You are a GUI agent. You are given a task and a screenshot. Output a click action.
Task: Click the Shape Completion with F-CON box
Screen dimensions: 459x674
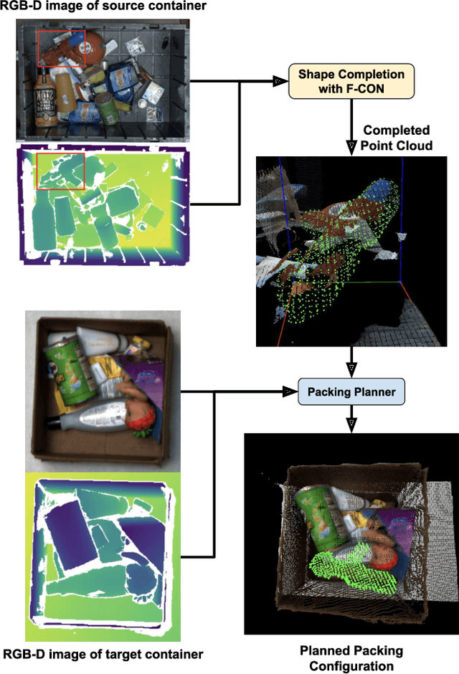pyautogui.click(x=351, y=81)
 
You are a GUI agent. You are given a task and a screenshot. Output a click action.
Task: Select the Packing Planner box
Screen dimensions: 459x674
pyautogui.click(x=351, y=392)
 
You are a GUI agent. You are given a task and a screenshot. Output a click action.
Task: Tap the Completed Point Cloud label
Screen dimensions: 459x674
pyautogui.click(x=397, y=138)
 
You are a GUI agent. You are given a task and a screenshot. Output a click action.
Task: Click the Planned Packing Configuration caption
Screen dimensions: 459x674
pyautogui.click(x=351, y=658)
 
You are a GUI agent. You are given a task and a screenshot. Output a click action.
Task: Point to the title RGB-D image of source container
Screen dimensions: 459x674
pyautogui.click(x=105, y=6)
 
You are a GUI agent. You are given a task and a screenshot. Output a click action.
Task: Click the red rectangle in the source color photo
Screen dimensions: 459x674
pyautogui.click(x=61, y=48)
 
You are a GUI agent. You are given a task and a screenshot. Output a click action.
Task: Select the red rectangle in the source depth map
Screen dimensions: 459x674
pyautogui.click(x=61, y=170)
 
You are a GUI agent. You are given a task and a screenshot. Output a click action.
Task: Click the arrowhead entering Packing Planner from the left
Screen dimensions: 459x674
pyautogui.click(x=290, y=392)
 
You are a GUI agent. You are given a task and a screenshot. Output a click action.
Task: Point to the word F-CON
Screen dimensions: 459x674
pyautogui.click(x=369, y=89)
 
